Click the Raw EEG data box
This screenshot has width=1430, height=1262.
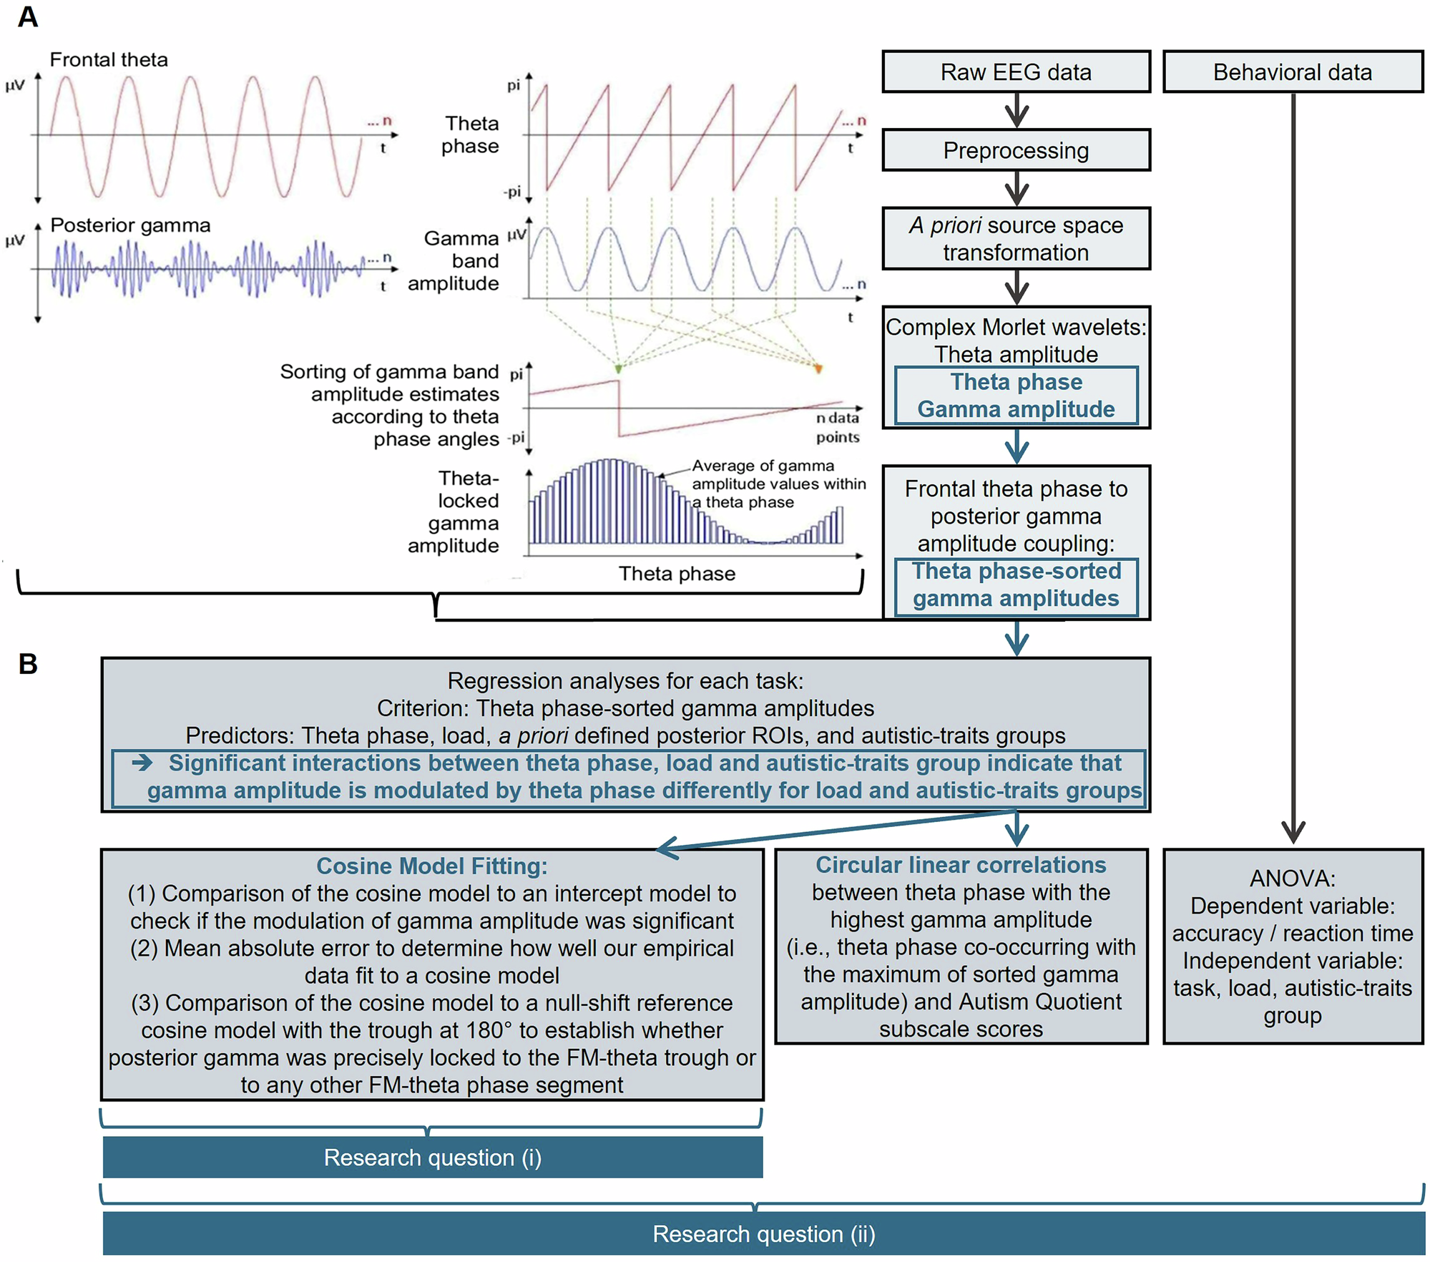1015,72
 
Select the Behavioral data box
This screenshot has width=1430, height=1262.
1292,72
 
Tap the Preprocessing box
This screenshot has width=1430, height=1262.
1015,151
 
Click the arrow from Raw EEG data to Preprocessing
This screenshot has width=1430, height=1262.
1016,112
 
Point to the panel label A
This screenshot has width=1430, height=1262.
27,17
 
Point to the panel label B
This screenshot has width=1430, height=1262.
28,664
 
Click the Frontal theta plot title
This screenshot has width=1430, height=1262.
109,60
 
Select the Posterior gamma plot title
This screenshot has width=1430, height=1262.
130,225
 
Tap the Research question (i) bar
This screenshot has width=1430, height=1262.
432,1158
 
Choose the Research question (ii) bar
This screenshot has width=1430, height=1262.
763,1234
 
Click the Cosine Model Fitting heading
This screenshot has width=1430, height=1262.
431,866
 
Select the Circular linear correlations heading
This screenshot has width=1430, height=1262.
961,865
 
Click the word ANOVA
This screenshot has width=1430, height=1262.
1292,879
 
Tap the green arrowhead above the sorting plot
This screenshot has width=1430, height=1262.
619,368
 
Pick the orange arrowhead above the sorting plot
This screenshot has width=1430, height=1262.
818,368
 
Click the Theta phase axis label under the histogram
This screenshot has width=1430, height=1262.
677,574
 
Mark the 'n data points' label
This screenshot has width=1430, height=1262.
837,428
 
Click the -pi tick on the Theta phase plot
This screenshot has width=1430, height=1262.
512,192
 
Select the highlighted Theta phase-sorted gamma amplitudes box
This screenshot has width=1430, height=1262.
1016,585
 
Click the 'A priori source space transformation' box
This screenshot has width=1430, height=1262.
1015,239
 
